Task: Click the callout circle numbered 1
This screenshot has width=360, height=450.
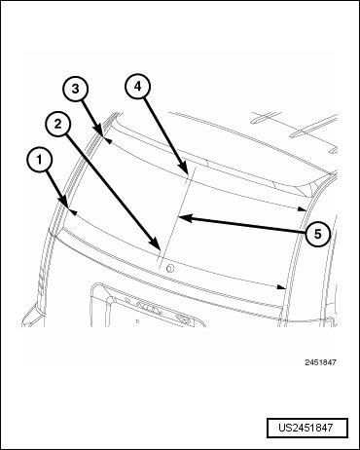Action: [x=39, y=160]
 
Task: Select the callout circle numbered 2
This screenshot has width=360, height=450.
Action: [x=57, y=125]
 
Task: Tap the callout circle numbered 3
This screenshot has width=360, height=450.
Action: [x=76, y=89]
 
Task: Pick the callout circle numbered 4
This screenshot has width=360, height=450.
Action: [x=138, y=87]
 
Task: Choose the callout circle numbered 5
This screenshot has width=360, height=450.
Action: [x=317, y=234]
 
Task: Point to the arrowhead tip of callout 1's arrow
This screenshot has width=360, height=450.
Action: [x=69, y=208]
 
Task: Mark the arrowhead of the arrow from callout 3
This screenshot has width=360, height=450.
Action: [x=103, y=136]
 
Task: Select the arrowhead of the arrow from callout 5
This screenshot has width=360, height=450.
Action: [x=179, y=217]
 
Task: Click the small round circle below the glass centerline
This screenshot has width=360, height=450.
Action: [x=169, y=268]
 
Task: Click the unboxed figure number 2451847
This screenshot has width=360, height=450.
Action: [x=320, y=362]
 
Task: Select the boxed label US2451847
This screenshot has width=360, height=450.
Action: [x=307, y=428]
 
